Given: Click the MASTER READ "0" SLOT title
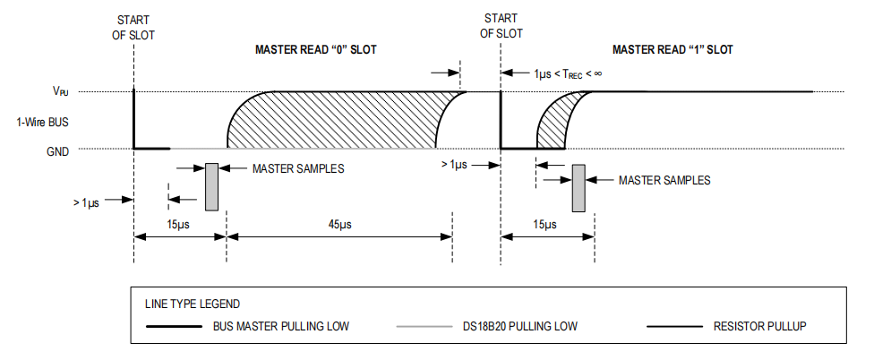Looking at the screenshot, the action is click(x=315, y=49).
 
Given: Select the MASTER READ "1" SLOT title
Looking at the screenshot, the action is click(x=673, y=49).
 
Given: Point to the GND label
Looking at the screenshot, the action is click(x=57, y=150).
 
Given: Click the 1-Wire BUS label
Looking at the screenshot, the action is click(x=42, y=122).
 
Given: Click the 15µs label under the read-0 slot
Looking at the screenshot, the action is click(x=179, y=224).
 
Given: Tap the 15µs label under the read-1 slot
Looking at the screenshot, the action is click(x=544, y=224).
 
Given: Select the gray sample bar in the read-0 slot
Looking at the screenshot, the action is click(x=212, y=186).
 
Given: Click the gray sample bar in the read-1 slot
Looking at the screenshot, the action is click(x=578, y=188).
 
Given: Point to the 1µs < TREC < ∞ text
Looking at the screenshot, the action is click(x=568, y=73).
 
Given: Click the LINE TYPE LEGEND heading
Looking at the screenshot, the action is click(x=193, y=304).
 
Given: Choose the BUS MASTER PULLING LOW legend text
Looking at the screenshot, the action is click(x=281, y=326).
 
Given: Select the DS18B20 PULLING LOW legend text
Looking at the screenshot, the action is click(x=520, y=326).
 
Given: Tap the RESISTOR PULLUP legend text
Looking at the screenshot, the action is click(x=759, y=326).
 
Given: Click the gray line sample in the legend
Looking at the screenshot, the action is click(x=424, y=327).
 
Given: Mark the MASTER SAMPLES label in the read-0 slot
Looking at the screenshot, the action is click(x=298, y=168).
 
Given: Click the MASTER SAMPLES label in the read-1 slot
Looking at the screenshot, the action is click(x=664, y=181).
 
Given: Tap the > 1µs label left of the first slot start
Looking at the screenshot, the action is click(x=86, y=203).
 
